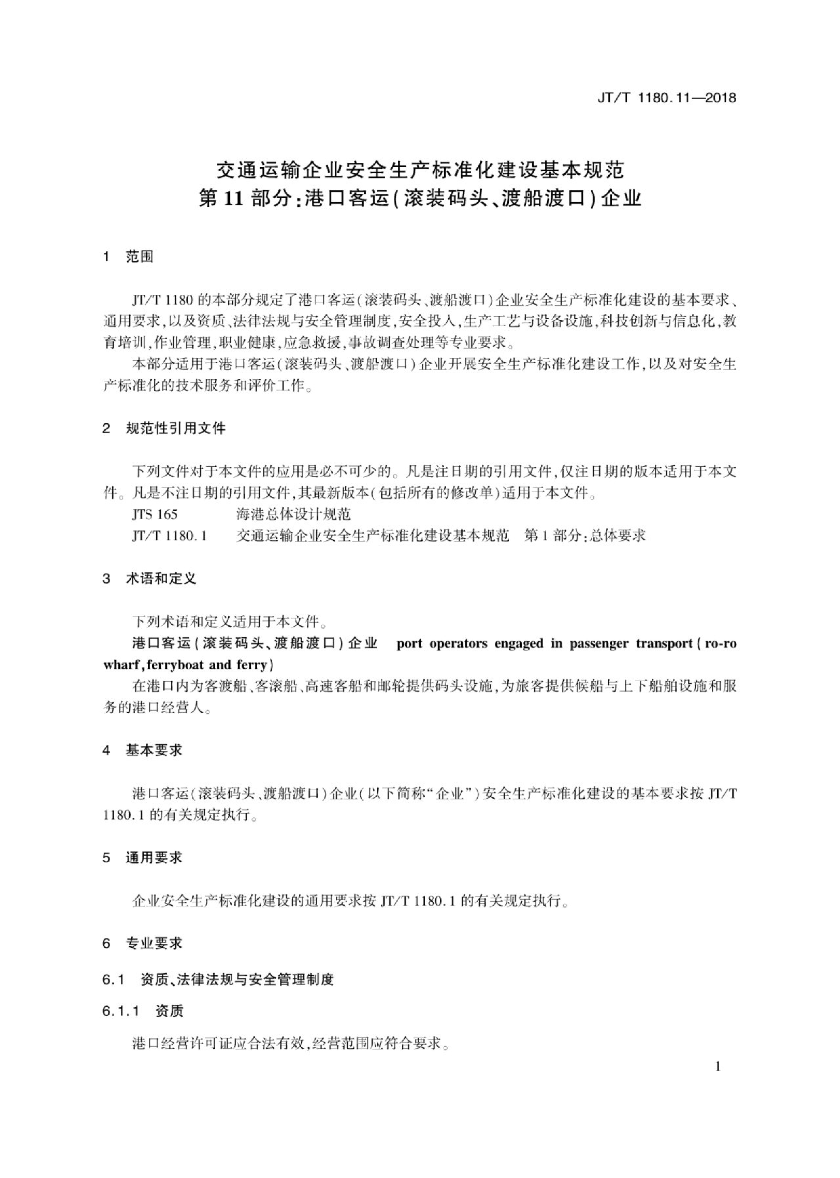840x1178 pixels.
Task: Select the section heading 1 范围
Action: tap(128, 257)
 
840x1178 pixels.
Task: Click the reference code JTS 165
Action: tap(155, 515)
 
